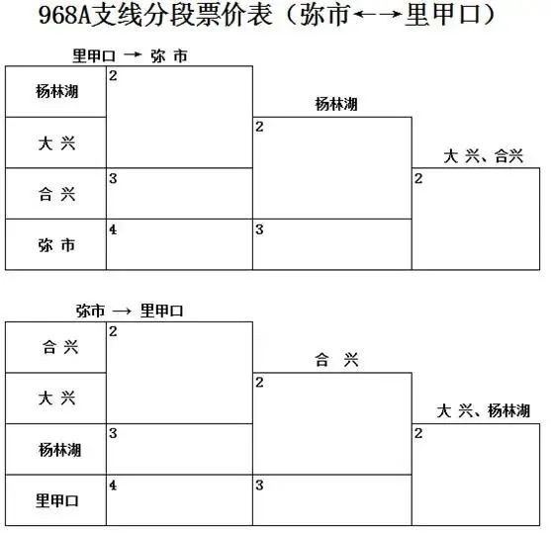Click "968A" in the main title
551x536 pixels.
pyautogui.click(x=64, y=15)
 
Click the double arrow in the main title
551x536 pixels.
pyautogui.click(x=377, y=14)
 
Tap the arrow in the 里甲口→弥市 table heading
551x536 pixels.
pyautogui.click(x=133, y=54)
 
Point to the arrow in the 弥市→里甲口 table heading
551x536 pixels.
pyautogui.click(x=122, y=311)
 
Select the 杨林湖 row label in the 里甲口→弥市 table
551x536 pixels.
pyautogui.click(x=57, y=91)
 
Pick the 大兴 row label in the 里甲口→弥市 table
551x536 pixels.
pyautogui.click(x=57, y=143)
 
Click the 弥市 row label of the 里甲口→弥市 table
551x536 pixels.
pyautogui.click(x=57, y=245)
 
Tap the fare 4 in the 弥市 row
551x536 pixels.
pyautogui.click(x=113, y=229)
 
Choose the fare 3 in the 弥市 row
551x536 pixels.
pyautogui.click(x=259, y=229)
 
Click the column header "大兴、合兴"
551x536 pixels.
pyautogui.click(x=483, y=156)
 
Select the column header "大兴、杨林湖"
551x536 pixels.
pyautogui.click(x=483, y=410)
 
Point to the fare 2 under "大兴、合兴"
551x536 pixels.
pyautogui.click(x=418, y=178)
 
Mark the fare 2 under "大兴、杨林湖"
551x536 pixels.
pyautogui.click(x=418, y=433)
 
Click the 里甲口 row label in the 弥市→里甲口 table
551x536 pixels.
pyautogui.click(x=57, y=500)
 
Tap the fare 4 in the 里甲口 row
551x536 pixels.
pyautogui.click(x=113, y=485)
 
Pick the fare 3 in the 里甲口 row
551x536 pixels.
pyautogui.click(x=259, y=485)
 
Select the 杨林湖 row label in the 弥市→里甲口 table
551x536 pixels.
pyautogui.click(x=59, y=450)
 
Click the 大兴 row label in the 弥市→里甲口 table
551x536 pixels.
pyautogui.click(x=57, y=398)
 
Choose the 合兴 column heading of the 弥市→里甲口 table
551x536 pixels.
pyautogui.click(x=336, y=359)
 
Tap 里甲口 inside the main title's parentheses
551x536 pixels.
pyautogui.click(x=443, y=15)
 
